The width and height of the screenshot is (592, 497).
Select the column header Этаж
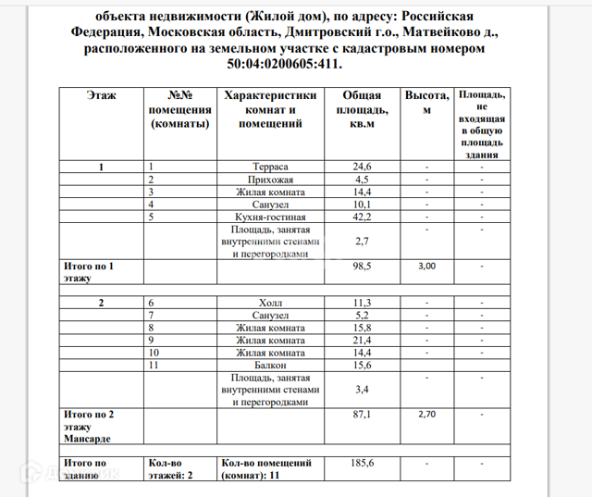pos(102,95)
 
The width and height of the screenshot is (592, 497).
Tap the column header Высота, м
pos(426,102)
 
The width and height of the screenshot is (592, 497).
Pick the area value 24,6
pos(362,167)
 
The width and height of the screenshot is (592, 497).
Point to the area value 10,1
pos(362,205)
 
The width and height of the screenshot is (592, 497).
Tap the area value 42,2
pos(362,217)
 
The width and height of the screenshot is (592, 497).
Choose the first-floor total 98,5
pos(362,266)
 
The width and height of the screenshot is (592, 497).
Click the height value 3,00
pos(426,266)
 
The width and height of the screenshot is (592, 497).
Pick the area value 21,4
pos(362,341)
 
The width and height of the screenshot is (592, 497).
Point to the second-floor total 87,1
pos(362,415)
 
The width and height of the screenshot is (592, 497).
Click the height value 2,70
pos(426,415)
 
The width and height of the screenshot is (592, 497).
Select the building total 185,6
pos(362,462)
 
